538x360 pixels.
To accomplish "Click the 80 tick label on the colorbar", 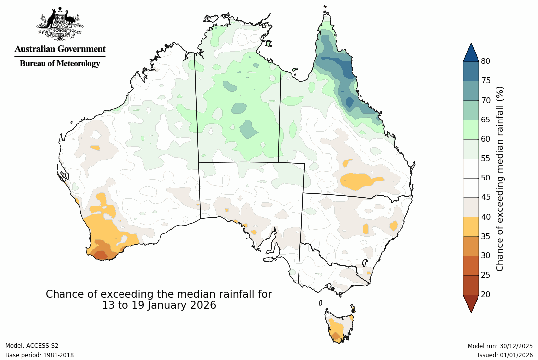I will (x=485, y=61).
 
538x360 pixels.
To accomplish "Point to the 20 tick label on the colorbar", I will (x=485, y=294).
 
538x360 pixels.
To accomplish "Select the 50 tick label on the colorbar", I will (x=485, y=178).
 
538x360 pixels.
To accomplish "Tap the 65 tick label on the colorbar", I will (x=485, y=120).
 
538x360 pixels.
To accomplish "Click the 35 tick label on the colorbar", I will (x=485, y=236).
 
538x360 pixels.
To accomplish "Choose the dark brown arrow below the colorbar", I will (x=471, y=302).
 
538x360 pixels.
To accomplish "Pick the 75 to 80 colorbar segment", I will (x=471, y=71).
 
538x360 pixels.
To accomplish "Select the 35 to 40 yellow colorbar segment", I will (x=471, y=226).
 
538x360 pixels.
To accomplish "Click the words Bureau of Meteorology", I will (x=60, y=63).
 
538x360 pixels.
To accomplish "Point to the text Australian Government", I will (x=60, y=49).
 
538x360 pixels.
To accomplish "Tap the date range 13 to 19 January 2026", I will (x=159, y=305).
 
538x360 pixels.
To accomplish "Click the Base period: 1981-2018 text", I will (x=39, y=355).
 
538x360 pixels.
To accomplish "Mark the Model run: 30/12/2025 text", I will (x=500, y=346).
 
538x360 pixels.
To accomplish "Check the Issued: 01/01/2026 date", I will (x=505, y=355).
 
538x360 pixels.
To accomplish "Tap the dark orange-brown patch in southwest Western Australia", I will (x=101, y=254).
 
